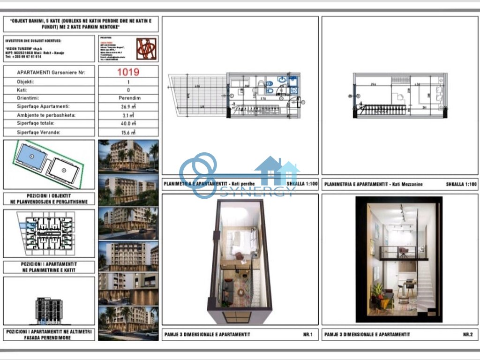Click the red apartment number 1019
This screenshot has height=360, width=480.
tap(128, 72)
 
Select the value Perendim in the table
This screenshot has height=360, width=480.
tap(128, 98)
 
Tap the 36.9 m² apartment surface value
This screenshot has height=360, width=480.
tap(128, 107)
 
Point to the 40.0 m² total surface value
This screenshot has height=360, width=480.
tap(128, 124)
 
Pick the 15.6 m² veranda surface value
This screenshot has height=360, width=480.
tap(128, 133)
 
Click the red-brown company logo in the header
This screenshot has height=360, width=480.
tap(146, 49)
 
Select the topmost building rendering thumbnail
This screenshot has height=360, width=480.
tap(128, 157)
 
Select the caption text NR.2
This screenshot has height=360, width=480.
tap(467, 335)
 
